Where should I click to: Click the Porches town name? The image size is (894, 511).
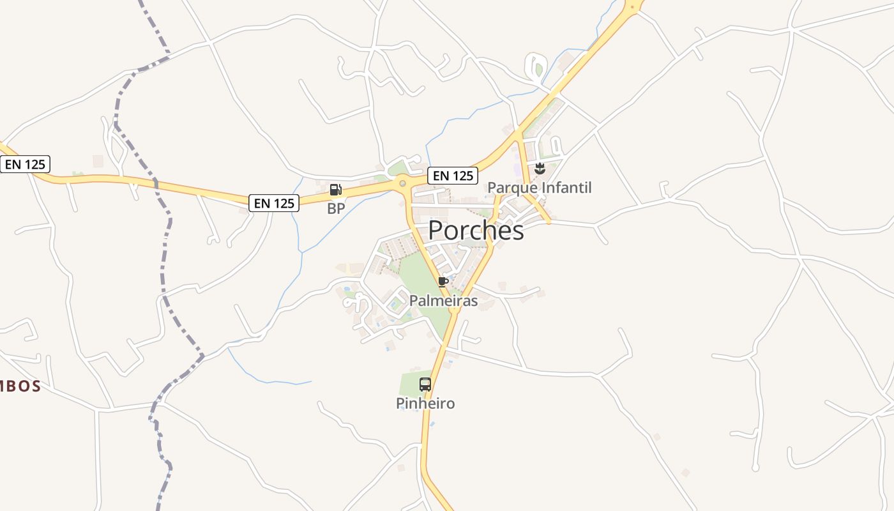(476, 231)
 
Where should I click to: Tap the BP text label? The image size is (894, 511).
(336, 209)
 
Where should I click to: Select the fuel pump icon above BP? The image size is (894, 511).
(335, 190)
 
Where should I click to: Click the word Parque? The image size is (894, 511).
(511, 188)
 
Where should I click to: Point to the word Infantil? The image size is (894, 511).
(565, 188)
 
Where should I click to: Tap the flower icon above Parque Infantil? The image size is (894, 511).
(540, 169)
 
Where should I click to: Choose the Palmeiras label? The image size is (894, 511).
(443, 301)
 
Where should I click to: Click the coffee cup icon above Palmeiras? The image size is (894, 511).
(443, 282)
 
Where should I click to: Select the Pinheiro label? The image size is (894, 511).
(425, 404)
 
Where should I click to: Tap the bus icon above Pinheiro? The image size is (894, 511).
(425, 385)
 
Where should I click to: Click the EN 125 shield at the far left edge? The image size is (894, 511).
(25, 165)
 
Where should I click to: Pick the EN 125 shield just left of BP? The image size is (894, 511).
(274, 203)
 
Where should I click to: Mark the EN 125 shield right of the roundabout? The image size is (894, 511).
(453, 176)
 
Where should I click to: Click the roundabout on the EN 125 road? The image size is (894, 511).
(402, 184)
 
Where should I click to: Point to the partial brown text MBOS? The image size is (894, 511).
(20, 386)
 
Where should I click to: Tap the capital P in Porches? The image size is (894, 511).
(436, 231)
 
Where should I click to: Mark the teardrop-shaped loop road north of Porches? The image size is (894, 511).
(534, 66)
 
